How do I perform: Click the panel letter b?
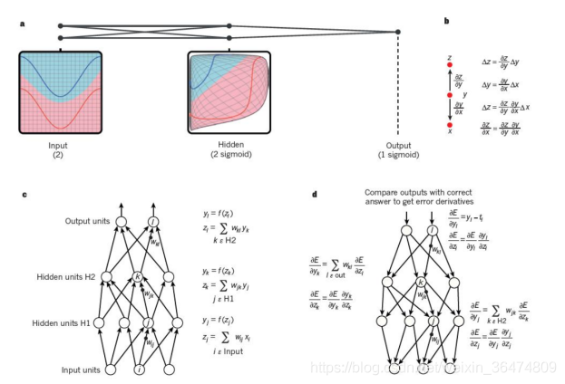[445, 21]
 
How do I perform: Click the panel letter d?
[314, 195]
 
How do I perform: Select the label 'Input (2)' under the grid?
[57, 149]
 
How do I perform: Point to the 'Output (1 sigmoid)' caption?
[400, 149]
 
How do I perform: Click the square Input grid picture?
[57, 92]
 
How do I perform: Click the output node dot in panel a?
[399, 33]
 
